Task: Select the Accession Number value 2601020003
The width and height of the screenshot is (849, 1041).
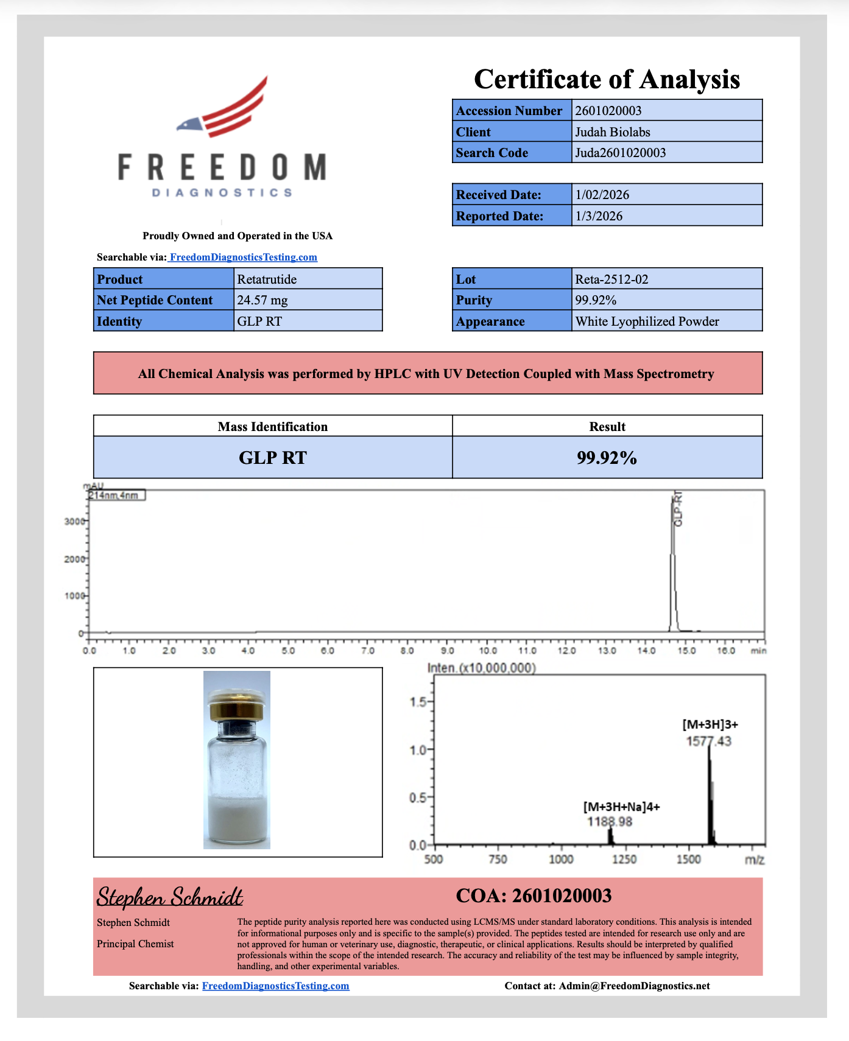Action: pos(608,111)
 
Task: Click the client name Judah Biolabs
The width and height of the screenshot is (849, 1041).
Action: pos(613,132)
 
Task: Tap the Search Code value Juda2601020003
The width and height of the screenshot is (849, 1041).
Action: pos(621,153)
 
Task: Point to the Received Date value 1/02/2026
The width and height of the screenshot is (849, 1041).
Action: pos(602,195)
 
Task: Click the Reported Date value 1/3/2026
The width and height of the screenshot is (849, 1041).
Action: pos(599,216)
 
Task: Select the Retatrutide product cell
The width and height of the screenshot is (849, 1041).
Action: pos(267,279)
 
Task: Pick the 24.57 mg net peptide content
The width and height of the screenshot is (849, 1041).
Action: pos(262,300)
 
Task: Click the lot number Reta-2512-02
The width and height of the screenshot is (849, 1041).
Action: pos(611,279)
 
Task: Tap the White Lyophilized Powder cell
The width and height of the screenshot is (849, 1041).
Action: pos(647,321)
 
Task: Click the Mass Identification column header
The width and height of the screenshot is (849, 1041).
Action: pos(272,427)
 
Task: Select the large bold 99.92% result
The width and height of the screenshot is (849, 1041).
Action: pos(607,458)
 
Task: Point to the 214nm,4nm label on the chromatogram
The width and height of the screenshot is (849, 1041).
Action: pos(116,496)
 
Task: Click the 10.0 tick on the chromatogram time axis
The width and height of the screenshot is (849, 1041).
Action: pos(487,651)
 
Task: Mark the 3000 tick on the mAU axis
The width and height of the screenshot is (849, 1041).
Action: pos(74,522)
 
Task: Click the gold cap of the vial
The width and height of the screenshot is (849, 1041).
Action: pos(237,709)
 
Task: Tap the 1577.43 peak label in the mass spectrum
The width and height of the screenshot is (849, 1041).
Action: pos(708,741)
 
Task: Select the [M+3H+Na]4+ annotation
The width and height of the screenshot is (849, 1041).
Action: pos(621,807)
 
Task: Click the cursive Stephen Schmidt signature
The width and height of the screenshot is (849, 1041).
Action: pos(170,897)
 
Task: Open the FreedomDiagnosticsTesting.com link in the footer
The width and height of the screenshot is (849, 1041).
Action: pos(275,986)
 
